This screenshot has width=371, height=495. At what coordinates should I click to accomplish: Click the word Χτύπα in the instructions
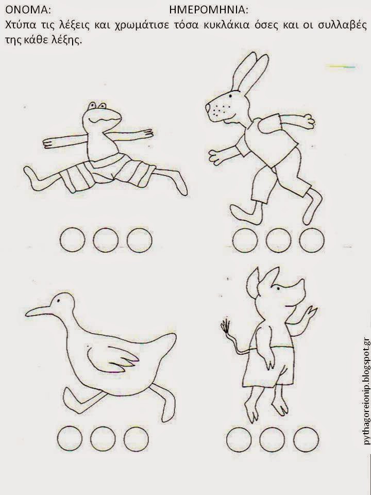tap(21, 25)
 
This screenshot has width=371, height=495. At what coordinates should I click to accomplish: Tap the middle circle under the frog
tap(106, 240)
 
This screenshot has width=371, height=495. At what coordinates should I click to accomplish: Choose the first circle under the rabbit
tap(245, 240)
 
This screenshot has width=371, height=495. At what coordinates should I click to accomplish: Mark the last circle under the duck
tap(136, 439)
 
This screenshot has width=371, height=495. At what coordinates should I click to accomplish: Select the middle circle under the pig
tap(272, 440)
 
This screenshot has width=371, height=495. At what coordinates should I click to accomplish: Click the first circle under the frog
tap(72, 240)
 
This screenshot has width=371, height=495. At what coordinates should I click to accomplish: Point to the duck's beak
tap(38, 311)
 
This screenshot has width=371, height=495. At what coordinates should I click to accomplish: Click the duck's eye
tap(58, 301)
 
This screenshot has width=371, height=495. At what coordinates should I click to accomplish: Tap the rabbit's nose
tap(208, 108)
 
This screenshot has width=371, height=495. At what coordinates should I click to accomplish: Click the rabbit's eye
tap(231, 95)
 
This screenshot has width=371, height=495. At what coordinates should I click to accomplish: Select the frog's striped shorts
tap(107, 172)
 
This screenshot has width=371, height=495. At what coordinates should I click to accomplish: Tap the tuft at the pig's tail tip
tap(226, 326)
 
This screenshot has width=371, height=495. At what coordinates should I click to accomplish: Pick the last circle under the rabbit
tap(312, 240)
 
